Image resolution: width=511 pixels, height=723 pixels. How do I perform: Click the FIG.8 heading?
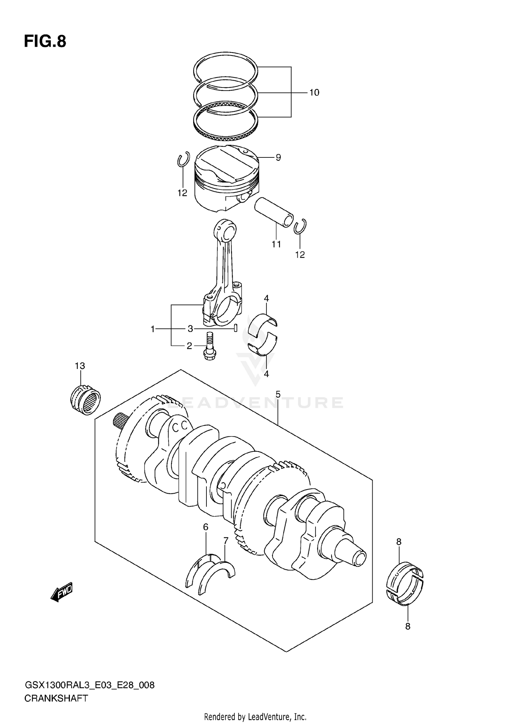45,42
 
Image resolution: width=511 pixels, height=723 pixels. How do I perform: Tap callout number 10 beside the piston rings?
314,92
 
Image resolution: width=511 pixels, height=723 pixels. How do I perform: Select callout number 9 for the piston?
278,157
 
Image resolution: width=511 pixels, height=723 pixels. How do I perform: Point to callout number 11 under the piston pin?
276,244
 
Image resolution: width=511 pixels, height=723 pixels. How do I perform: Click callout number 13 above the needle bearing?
80,366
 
